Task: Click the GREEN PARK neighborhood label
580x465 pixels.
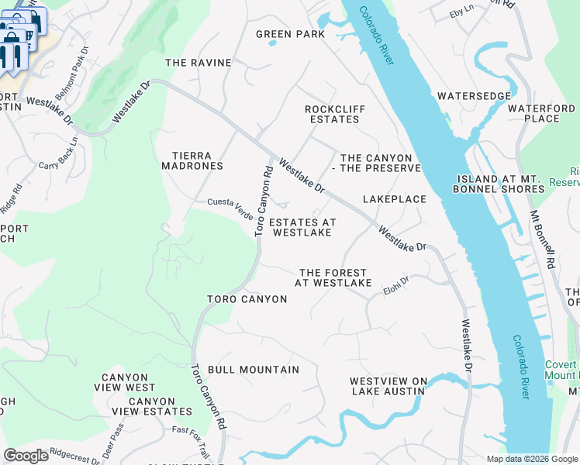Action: click(291, 34)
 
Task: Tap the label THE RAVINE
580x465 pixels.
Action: click(199, 63)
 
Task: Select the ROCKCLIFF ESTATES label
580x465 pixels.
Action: click(334, 115)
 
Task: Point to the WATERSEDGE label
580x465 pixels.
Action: click(474, 96)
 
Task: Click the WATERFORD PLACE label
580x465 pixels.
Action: click(541, 113)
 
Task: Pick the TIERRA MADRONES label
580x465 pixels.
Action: click(192, 160)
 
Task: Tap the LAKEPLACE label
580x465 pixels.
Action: click(395, 199)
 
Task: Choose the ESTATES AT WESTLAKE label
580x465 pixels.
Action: click(302, 227)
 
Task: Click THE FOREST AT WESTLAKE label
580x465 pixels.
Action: click(333, 277)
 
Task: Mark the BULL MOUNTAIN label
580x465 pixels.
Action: click(254, 370)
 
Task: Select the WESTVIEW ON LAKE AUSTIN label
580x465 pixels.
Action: click(387, 386)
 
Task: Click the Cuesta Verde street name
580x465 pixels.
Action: click(230, 204)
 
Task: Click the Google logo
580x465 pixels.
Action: click(26, 456)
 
